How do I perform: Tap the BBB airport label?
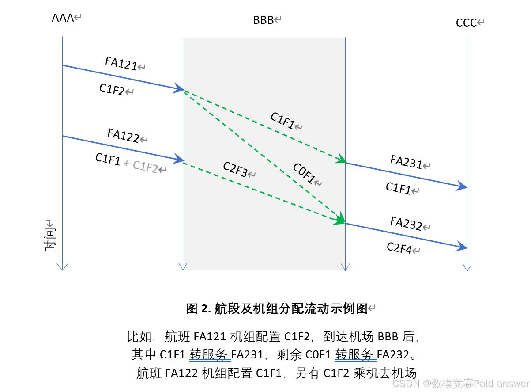pyautogui.click(x=264, y=20)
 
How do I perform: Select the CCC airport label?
pyautogui.click(x=467, y=23)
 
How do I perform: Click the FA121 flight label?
pyautogui.click(x=121, y=63)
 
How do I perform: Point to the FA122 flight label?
pyautogui.click(x=124, y=135)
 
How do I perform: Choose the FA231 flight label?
pyautogui.click(x=406, y=162)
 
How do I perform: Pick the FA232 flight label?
pyautogui.click(x=406, y=223)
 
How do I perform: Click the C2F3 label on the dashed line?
pyautogui.click(x=235, y=170)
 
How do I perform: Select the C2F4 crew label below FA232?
pyautogui.click(x=399, y=248)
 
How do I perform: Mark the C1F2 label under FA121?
pyautogui.click(x=112, y=90)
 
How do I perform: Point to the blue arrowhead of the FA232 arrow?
pyautogui.click(x=462, y=247)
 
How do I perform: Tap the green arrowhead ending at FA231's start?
pyautogui.click(x=341, y=160)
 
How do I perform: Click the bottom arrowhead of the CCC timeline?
pyautogui.click(x=467, y=267)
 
